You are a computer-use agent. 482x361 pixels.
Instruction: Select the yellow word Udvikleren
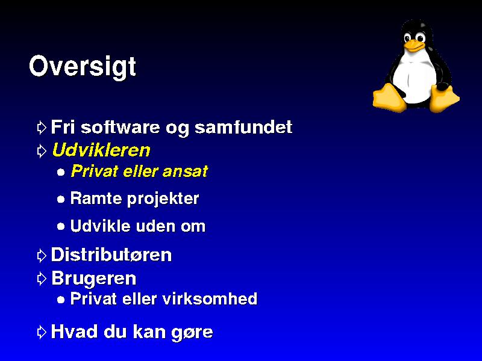pyautogui.click(x=101, y=150)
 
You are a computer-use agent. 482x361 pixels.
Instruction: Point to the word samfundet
pyautogui.click(x=243, y=127)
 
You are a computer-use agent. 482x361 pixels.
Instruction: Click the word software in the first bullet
pyautogui.click(x=120, y=127)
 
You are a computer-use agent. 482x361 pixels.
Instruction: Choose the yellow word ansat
pyautogui.click(x=185, y=171)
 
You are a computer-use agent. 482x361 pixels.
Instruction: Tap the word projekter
pyautogui.click(x=163, y=199)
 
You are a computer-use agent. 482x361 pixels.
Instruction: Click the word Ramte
pyautogui.click(x=96, y=198)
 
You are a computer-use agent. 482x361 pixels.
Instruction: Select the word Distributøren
pyautogui.click(x=111, y=255)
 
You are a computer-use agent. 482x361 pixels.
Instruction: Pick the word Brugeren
pyautogui.click(x=94, y=279)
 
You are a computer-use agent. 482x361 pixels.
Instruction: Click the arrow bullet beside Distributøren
pyautogui.click(x=42, y=255)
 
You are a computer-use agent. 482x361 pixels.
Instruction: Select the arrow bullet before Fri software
pyautogui.click(x=42, y=128)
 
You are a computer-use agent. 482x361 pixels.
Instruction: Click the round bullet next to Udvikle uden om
pyautogui.click(x=61, y=227)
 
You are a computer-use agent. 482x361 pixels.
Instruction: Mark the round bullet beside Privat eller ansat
pyautogui.click(x=61, y=172)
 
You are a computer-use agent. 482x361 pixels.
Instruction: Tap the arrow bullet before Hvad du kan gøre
pyautogui.click(x=42, y=332)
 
